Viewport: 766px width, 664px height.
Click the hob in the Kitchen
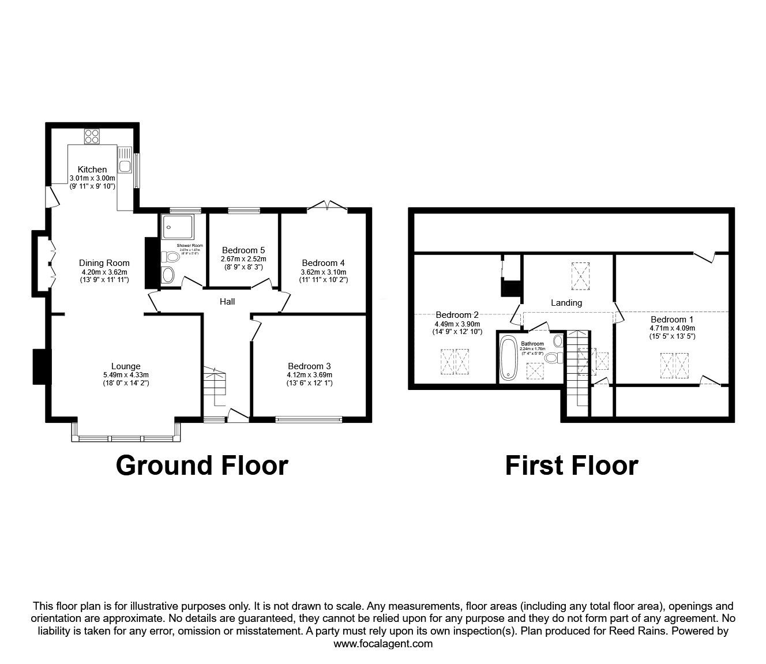pos(92,136)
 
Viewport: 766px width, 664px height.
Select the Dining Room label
pos(104,263)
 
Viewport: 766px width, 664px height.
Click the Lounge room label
pos(126,366)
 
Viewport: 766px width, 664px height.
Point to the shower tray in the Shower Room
pos(179,226)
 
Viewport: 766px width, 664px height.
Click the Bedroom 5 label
pos(243,250)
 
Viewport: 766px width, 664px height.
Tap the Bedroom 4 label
pos(323,263)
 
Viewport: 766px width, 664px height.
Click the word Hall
pos(227,301)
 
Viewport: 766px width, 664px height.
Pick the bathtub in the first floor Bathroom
pos(509,359)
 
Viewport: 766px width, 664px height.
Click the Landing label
pos(566,302)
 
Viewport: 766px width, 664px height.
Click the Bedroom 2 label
pos(457,315)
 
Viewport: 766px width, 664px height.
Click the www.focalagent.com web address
pos(383,644)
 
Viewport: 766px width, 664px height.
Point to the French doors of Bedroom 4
pos(327,205)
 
